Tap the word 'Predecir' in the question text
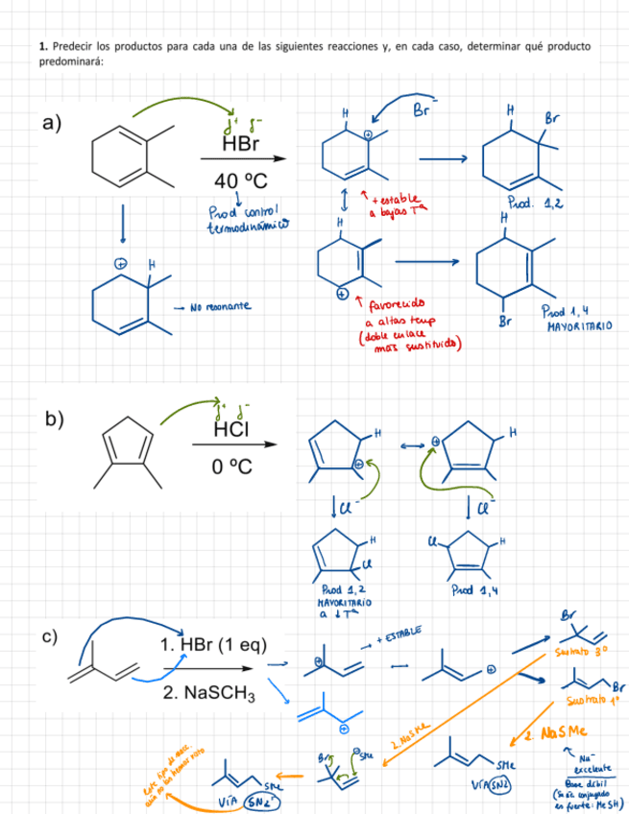[x=72, y=46]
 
